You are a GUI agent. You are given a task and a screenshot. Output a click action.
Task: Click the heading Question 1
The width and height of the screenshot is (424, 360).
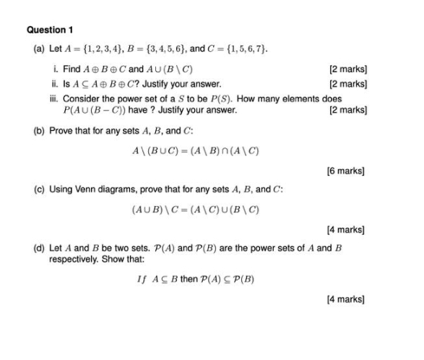click(x=50, y=30)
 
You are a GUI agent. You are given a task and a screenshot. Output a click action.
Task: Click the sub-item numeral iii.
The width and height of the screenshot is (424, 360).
click(x=55, y=98)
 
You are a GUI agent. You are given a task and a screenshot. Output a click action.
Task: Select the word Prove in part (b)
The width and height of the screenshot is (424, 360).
click(x=61, y=133)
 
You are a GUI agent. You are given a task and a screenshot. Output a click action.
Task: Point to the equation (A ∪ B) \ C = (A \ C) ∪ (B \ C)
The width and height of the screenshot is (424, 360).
click(x=195, y=210)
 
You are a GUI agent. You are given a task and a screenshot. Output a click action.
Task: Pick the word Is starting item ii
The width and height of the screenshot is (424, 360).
click(x=66, y=84)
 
